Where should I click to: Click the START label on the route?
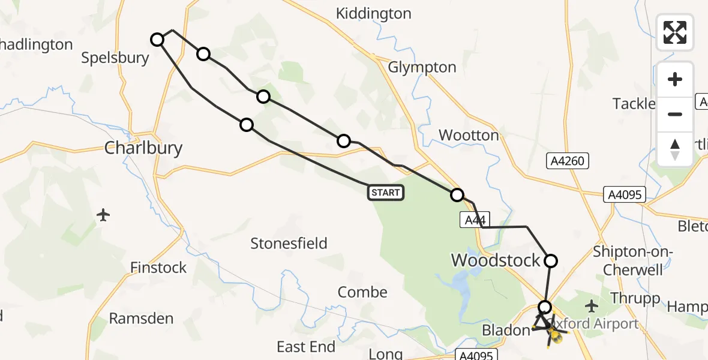click(386, 193)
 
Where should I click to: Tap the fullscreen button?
click(675, 32)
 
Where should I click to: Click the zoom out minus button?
click(675, 114)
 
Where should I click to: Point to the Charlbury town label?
click(143, 148)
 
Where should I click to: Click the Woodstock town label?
click(496, 260)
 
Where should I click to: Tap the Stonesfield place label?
click(289, 243)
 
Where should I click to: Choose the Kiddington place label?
click(374, 13)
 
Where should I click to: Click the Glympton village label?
click(422, 67)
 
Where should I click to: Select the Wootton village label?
click(469, 135)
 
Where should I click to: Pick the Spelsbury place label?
click(115, 58)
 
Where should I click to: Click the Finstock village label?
click(158, 268)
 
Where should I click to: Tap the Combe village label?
click(362, 292)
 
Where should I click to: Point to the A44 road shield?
click(474, 220)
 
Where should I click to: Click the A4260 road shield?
click(565, 161)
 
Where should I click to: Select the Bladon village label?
click(505, 331)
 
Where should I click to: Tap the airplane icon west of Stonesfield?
click(103, 214)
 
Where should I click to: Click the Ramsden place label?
click(141, 319)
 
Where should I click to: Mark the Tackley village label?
click(634, 104)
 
